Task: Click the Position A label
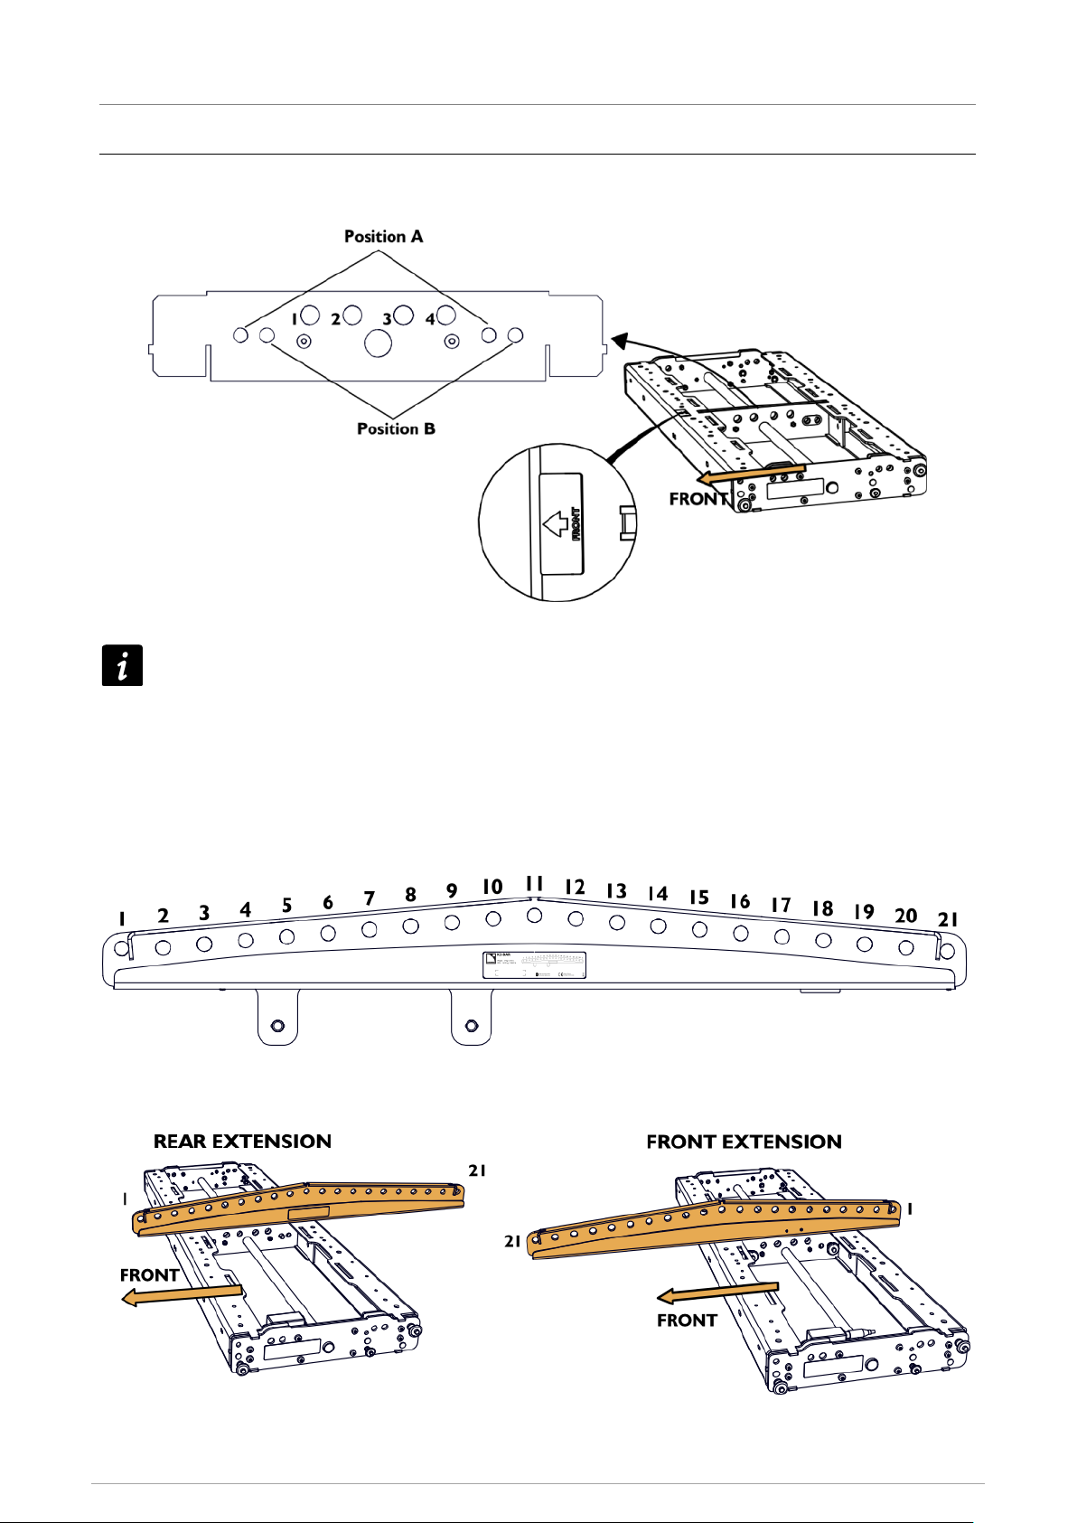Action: (383, 237)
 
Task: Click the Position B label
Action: (396, 428)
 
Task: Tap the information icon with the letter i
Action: (122, 666)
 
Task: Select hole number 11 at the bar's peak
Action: (534, 915)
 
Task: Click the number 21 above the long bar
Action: (947, 919)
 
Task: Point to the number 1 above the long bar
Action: (122, 919)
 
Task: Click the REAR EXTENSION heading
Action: (242, 1142)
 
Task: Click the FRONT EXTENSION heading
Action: (744, 1142)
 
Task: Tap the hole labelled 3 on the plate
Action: (403, 315)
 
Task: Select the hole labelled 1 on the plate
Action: (309, 315)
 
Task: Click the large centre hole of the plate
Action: (379, 343)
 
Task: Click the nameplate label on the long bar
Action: (534, 964)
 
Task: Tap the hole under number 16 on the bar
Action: (740, 932)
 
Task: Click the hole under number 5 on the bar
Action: (286, 936)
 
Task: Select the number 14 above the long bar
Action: (657, 894)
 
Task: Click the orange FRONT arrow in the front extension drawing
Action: (717, 1292)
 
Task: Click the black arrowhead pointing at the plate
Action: (618, 340)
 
